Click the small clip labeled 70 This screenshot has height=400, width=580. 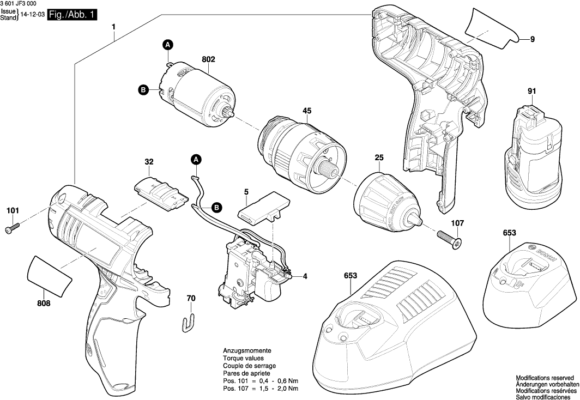(188, 322)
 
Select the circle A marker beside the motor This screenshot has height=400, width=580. (168, 45)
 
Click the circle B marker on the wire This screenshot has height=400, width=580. (216, 208)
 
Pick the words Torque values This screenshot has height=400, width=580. (243, 359)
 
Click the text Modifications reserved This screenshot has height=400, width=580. (545, 377)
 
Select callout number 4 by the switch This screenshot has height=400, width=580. (305, 276)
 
